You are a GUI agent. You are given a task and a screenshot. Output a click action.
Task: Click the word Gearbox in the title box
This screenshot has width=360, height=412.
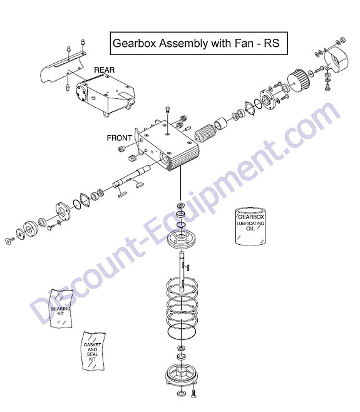(135, 43)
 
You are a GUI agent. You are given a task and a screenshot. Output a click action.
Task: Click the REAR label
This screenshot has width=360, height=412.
(105, 70)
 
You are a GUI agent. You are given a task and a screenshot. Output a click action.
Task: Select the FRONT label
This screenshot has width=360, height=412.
(119, 138)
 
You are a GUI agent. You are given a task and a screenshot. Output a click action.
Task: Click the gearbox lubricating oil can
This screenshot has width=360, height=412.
(250, 226)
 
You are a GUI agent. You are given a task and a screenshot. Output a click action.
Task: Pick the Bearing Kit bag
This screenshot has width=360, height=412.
(61, 309)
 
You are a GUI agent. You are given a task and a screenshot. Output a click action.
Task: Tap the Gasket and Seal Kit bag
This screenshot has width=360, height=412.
(93, 351)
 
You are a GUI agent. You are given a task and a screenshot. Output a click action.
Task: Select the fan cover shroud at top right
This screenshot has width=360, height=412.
(336, 61)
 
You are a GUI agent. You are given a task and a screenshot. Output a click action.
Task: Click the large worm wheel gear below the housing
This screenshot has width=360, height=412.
(182, 239)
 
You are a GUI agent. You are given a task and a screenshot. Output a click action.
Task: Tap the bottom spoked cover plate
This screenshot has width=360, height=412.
(181, 375)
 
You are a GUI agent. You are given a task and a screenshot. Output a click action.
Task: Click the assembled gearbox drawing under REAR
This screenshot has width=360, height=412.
(105, 95)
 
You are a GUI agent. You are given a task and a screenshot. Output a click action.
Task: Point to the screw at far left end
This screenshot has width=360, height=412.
(10, 240)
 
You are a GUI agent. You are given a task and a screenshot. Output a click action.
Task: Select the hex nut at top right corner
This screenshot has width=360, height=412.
(342, 41)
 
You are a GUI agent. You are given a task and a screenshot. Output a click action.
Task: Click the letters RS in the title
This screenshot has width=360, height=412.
(272, 43)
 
